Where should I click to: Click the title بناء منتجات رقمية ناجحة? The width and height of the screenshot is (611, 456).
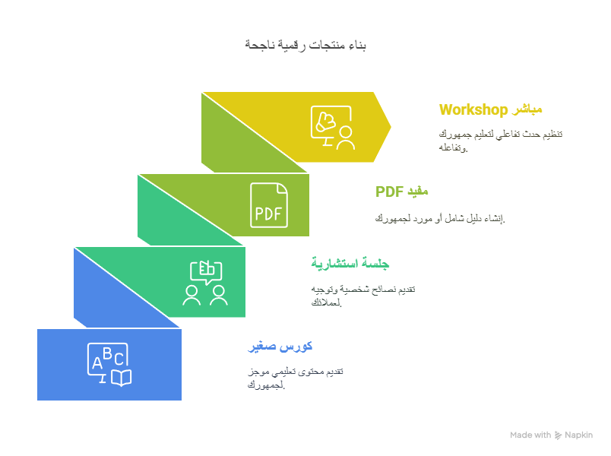click(x=305, y=45)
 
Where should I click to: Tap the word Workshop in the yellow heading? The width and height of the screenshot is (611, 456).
click(x=473, y=110)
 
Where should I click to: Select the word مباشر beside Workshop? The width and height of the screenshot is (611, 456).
click(x=527, y=109)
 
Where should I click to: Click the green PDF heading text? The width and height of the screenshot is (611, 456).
click(x=389, y=192)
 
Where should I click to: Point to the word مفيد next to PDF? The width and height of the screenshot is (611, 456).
click(x=418, y=192)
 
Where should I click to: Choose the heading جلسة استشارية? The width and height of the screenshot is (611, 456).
click(x=350, y=264)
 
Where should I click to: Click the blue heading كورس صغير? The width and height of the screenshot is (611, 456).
click(x=280, y=346)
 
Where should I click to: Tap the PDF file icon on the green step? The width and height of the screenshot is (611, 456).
click(x=269, y=205)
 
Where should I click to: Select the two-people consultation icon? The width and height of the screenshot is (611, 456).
click(x=205, y=283)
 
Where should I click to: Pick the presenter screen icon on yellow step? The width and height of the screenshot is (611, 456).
click(x=333, y=128)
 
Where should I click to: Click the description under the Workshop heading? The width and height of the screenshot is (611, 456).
click(x=501, y=141)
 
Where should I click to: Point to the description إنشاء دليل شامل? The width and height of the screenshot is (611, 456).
click(x=440, y=219)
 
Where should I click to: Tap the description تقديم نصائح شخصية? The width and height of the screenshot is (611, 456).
click(x=363, y=296)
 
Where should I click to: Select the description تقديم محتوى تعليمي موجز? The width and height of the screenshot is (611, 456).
click(x=296, y=378)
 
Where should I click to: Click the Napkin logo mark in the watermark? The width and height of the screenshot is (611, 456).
click(x=558, y=435)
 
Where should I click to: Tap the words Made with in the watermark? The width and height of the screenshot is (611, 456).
click(x=530, y=435)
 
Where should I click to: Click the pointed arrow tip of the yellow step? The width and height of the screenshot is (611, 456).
click(x=391, y=126)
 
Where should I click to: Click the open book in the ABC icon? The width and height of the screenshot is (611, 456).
click(x=122, y=378)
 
